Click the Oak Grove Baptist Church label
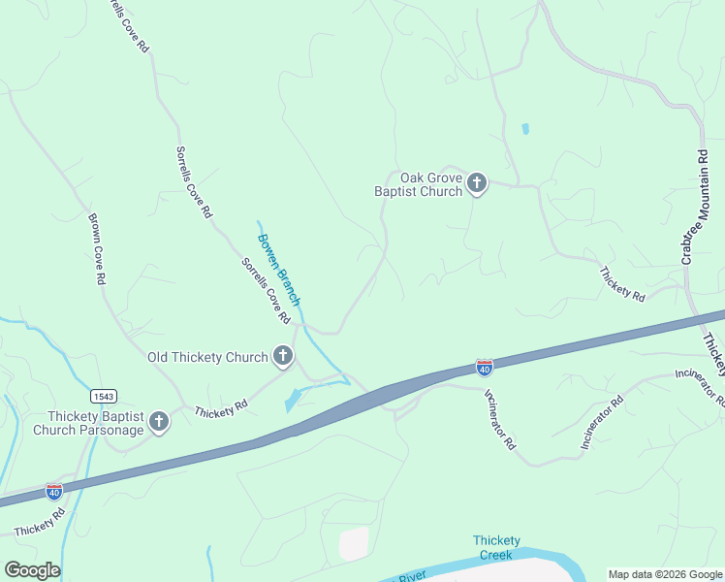[x=419, y=184]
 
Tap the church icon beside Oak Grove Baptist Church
[x=476, y=183]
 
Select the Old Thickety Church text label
[x=206, y=357]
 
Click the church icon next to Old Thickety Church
[x=282, y=356]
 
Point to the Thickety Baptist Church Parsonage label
[x=87, y=422]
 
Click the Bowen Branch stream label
[x=279, y=269]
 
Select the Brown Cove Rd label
[x=97, y=249]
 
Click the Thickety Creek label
[x=496, y=548]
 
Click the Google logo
[x=32, y=570]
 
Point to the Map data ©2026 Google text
[x=665, y=574]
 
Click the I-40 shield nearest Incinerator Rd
[x=485, y=367]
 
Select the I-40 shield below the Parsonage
[x=54, y=491]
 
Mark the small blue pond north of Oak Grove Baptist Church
[x=525, y=128]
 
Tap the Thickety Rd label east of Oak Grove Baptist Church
[x=622, y=284]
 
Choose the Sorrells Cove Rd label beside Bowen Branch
[x=266, y=290]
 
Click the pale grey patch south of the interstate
[x=354, y=543]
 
